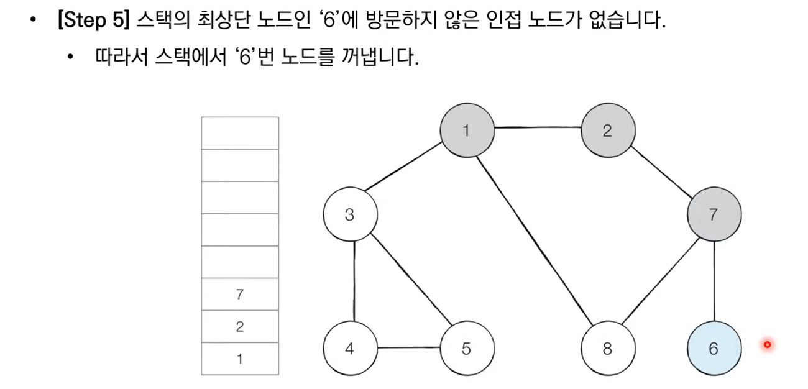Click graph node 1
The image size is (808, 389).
[x=467, y=130]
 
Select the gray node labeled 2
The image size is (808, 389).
[x=607, y=130]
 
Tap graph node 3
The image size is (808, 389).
[x=349, y=215]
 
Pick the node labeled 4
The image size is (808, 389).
[x=349, y=349]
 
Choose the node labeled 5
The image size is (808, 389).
[x=467, y=349]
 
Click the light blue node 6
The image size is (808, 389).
[x=713, y=349]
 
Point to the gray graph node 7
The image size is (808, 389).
[x=713, y=215]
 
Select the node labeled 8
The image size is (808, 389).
[x=607, y=349]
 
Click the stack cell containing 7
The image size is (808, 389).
[x=240, y=295]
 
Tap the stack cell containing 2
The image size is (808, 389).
[x=240, y=327]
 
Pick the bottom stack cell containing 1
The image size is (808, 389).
[x=240, y=359]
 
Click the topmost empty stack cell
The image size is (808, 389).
[x=240, y=133]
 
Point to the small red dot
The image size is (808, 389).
[x=767, y=344]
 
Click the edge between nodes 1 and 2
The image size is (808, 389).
[x=537, y=129]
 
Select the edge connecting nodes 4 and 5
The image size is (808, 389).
[x=408, y=348]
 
